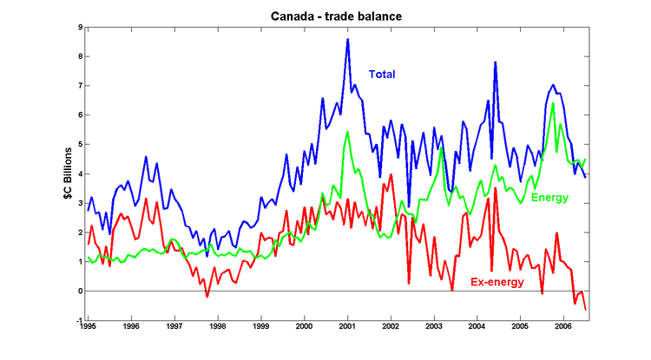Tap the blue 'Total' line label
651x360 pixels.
point(382,75)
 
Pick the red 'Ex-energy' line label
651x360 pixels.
point(497,283)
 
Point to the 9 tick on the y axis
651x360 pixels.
point(79,27)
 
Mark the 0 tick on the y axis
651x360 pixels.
point(79,291)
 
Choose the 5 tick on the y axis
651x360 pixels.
point(79,145)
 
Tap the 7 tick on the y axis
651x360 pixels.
point(79,86)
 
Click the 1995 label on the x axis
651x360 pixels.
point(88,330)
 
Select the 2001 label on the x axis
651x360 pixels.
point(347,330)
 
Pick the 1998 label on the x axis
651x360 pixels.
point(217,330)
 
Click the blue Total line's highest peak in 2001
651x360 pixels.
point(347,39)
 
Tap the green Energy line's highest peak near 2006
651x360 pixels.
point(553,103)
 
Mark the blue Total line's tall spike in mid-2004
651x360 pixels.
point(495,62)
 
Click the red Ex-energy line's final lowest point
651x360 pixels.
point(585,310)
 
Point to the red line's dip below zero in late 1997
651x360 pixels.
point(207,297)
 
